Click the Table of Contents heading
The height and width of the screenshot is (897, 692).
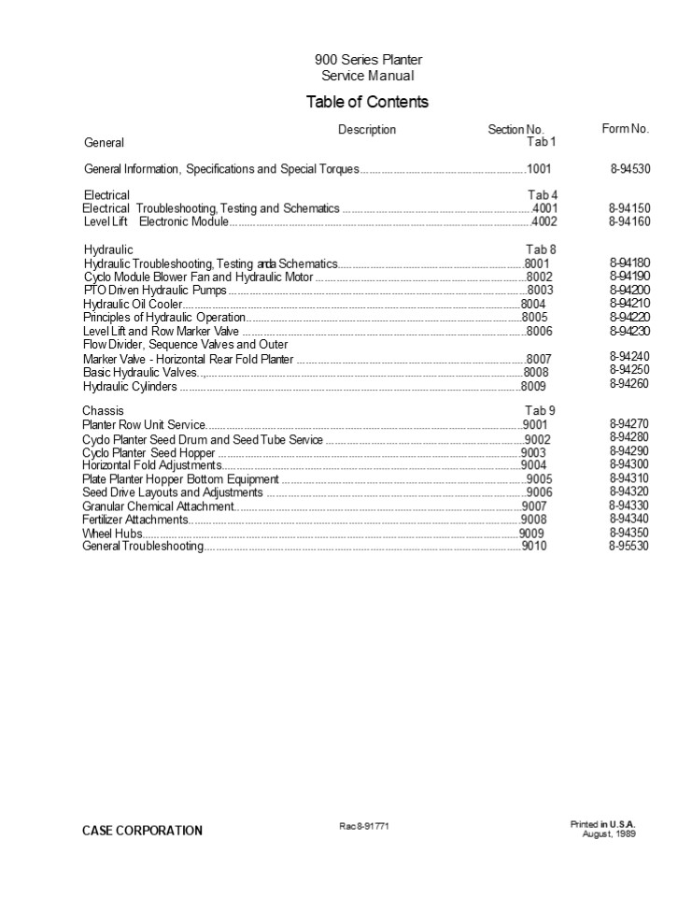point(367,102)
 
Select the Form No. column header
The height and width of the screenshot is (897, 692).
point(625,129)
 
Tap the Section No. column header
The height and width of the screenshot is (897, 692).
point(515,130)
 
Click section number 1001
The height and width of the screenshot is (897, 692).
point(540,169)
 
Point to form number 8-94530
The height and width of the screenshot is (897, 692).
point(630,169)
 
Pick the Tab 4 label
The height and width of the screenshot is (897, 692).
point(543,195)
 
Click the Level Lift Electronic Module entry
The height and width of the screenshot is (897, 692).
point(155,221)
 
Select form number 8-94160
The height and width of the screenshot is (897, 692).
point(630,221)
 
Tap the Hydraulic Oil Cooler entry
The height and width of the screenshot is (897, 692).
point(133,305)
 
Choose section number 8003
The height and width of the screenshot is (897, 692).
point(540,291)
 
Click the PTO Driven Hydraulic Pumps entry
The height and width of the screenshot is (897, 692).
point(155,291)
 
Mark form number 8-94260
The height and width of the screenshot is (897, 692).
point(630,383)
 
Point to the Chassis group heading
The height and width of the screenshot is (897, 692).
point(103,410)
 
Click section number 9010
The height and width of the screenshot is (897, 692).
point(534,546)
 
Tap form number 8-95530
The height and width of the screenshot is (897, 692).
point(629,546)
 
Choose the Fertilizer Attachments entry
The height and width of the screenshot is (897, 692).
point(135,520)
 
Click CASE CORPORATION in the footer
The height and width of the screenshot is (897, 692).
point(142,830)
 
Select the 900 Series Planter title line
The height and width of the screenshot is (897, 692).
point(368,60)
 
